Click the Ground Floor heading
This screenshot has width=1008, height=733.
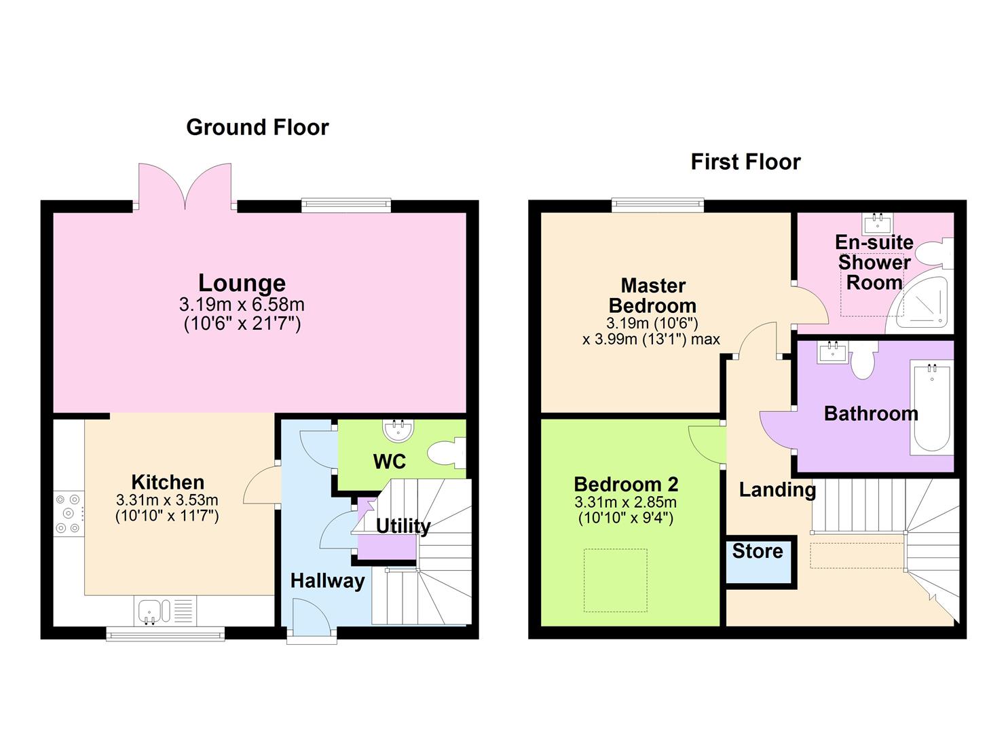pyautogui.click(x=257, y=128)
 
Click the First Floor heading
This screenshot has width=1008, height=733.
pyautogui.click(x=745, y=162)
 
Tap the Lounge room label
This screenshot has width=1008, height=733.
pyautogui.click(x=242, y=283)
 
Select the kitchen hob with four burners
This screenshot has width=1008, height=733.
pyautogui.click(x=68, y=512)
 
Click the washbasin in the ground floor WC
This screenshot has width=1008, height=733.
pyautogui.click(x=398, y=430)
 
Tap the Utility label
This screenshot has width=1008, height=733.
pyautogui.click(x=403, y=526)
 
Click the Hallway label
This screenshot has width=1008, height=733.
pyautogui.click(x=327, y=581)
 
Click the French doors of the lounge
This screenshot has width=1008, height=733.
pyautogui.click(x=185, y=185)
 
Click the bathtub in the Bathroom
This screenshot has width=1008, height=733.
pyautogui.click(x=931, y=407)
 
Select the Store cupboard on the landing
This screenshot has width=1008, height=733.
pyautogui.click(x=758, y=561)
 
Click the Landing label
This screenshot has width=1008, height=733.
pyautogui.click(x=777, y=489)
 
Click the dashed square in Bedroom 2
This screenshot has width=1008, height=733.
pyautogui.click(x=615, y=580)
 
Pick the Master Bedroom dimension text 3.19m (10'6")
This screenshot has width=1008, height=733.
pyautogui.click(x=652, y=323)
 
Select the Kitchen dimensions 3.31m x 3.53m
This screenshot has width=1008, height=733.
pyautogui.click(x=167, y=500)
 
